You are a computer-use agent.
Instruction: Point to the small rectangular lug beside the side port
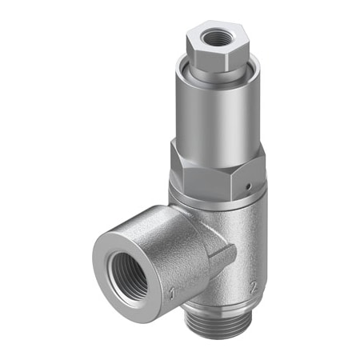click(x=225, y=255)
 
